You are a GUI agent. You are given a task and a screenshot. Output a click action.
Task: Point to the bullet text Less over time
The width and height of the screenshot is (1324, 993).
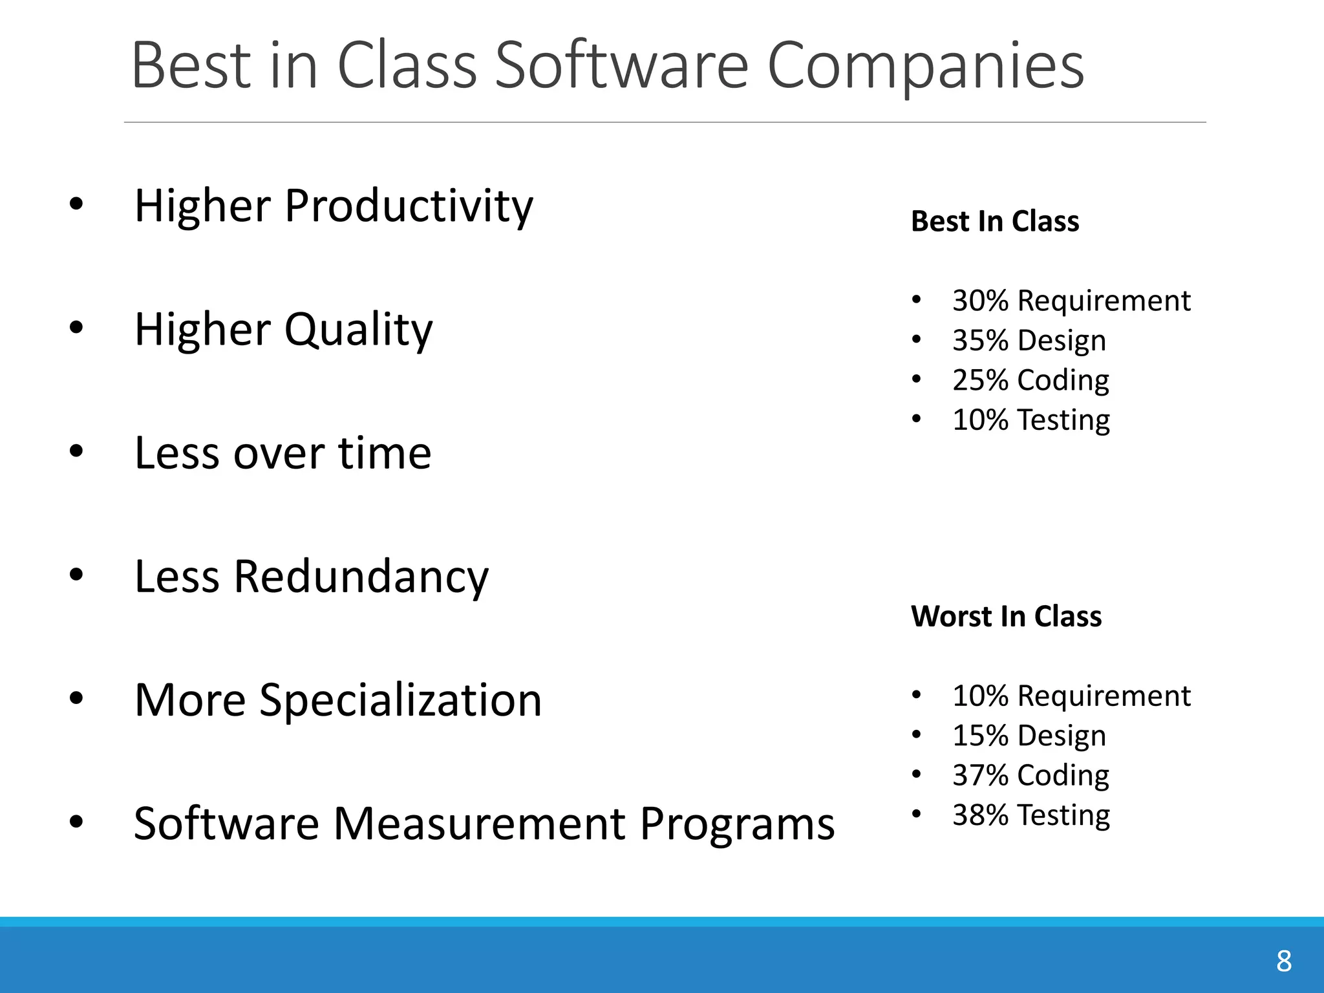283,453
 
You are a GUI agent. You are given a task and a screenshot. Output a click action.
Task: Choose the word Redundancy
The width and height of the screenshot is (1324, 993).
361,577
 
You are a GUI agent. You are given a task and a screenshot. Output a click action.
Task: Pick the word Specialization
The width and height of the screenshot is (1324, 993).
400,700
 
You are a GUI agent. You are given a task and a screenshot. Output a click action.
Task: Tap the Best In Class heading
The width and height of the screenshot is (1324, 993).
994,221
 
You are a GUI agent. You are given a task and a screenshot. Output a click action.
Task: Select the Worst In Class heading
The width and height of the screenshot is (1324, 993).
1006,616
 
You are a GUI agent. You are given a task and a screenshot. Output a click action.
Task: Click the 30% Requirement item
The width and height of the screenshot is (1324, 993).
1071,301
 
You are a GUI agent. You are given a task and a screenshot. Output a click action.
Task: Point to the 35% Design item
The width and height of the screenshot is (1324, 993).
1029,341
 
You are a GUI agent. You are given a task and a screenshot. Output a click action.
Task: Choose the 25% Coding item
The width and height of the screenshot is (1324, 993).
1030,380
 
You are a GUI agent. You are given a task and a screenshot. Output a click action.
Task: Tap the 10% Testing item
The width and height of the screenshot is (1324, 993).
1030,420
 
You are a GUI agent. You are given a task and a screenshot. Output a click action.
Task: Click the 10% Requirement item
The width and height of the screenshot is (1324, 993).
1071,696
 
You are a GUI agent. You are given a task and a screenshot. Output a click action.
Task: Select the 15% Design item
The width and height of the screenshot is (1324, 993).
1029,736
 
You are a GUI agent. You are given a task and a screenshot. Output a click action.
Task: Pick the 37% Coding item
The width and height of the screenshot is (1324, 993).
1030,775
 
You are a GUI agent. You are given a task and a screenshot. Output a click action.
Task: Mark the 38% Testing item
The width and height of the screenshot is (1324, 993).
1030,815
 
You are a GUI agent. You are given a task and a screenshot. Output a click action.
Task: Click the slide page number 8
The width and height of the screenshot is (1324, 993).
1283,961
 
